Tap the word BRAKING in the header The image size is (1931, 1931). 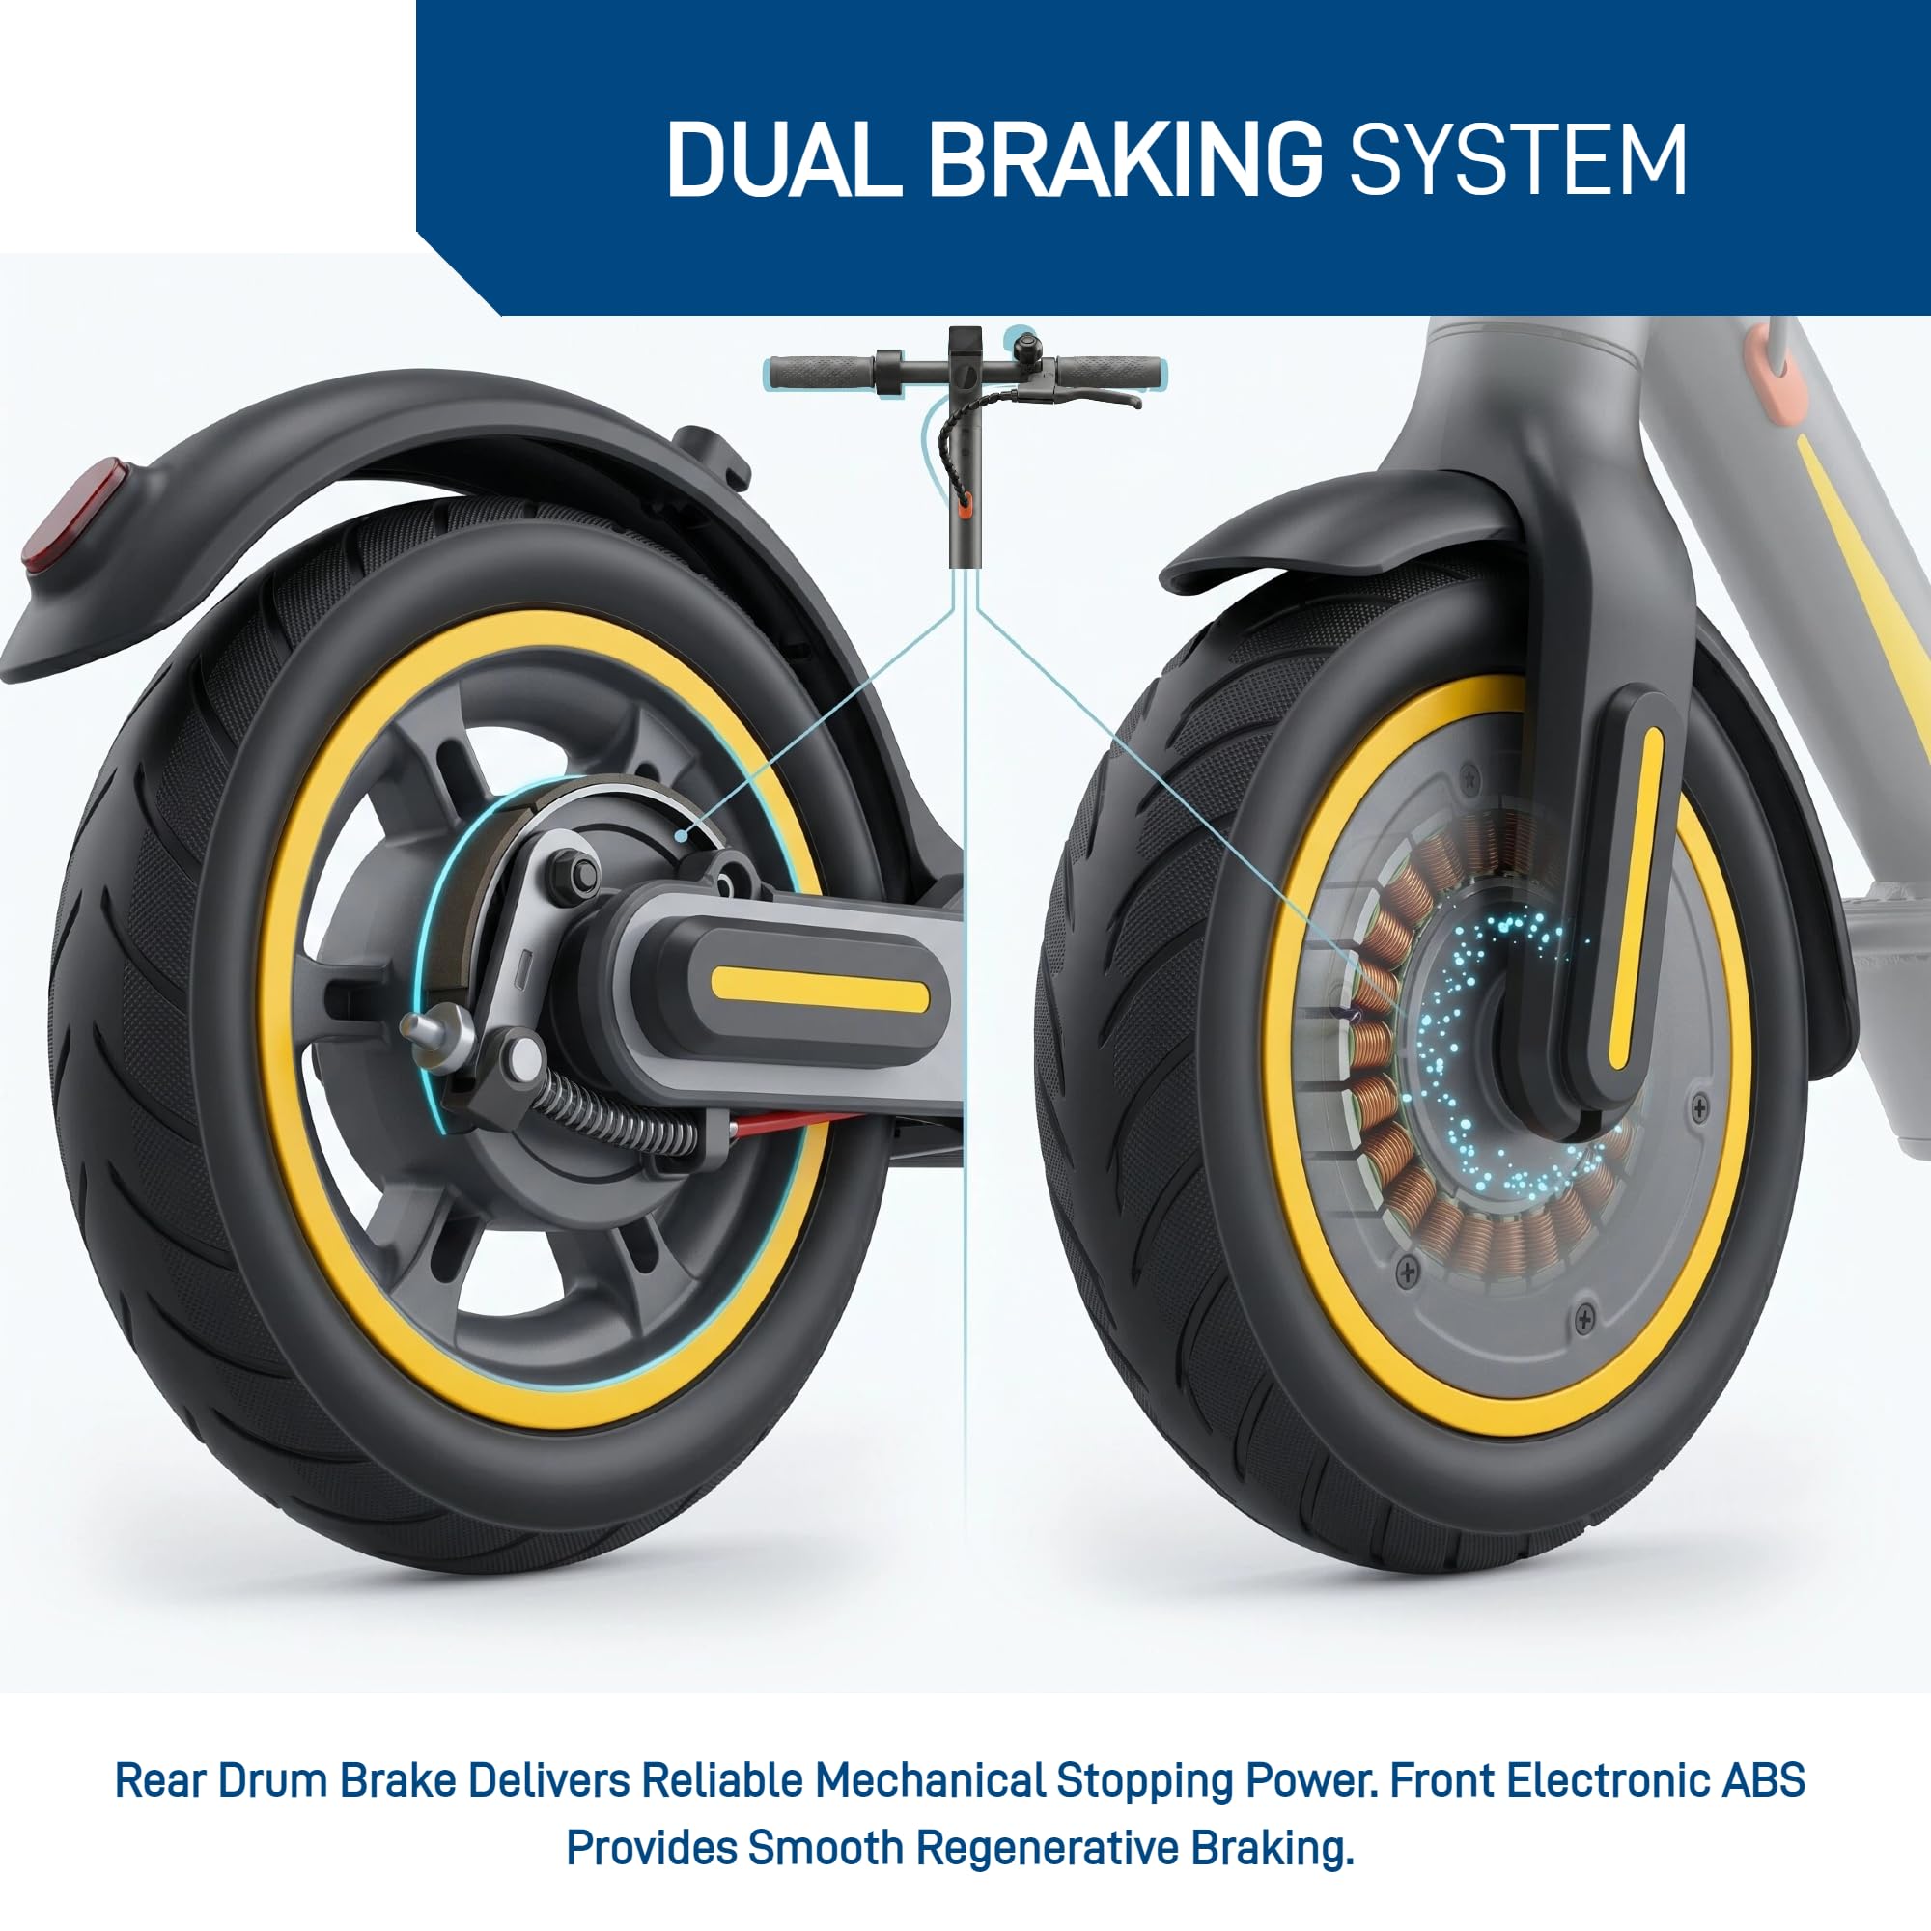pos(1126,160)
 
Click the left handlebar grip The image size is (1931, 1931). pos(822,373)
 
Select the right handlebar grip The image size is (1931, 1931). pos(1110,372)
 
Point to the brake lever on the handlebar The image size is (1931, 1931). pos(1084,397)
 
